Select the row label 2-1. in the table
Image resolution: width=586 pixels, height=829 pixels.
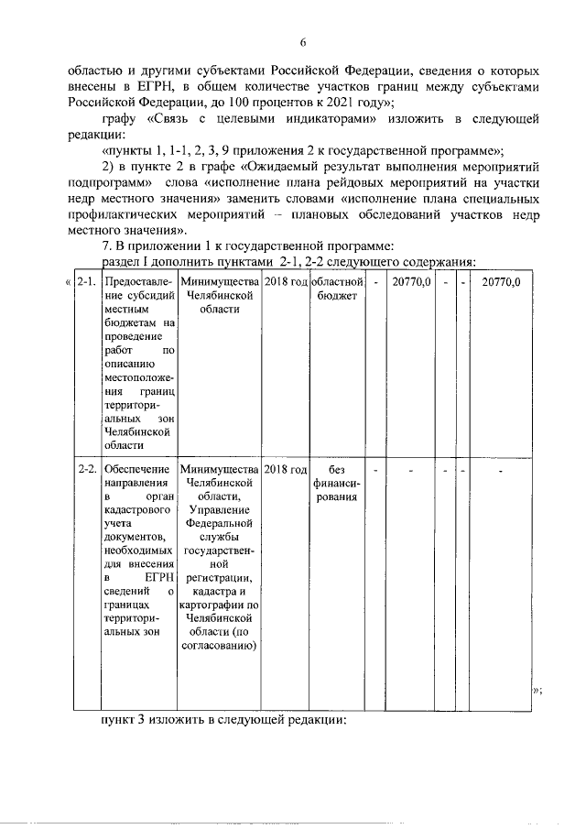87,282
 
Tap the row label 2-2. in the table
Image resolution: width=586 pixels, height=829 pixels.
87,469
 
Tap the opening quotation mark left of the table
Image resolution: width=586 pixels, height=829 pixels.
69,282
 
